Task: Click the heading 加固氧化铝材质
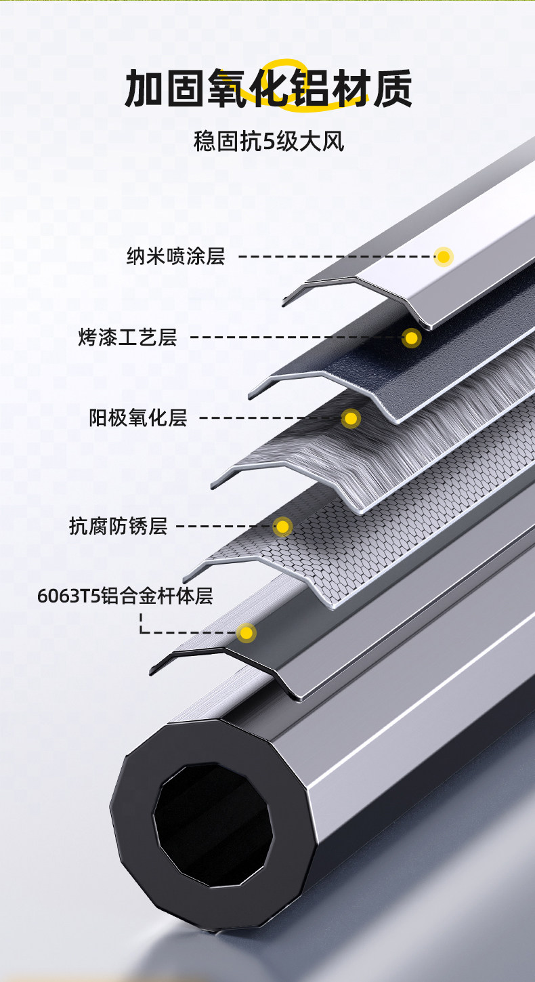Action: pyautogui.click(x=267, y=90)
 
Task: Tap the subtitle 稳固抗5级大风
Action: pyautogui.click(x=268, y=143)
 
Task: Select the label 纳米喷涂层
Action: pyautogui.click(x=175, y=256)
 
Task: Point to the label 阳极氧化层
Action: pyautogui.click(x=137, y=417)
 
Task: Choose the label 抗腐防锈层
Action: pyautogui.click(x=118, y=525)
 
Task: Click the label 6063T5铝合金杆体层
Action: pyautogui.click(x=125, y=596)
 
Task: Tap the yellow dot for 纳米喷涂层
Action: pyautogui.click(x=444, y=256)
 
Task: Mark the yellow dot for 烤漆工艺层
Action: pyautogui.click(x=411, y=337)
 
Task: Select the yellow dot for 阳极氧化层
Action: pyautogui.click(x=351, y=419)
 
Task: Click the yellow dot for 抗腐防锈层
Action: pyautogui.click(x=282, y=526)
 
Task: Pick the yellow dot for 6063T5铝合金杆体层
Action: pyautogui.click(x=247, y=633)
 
